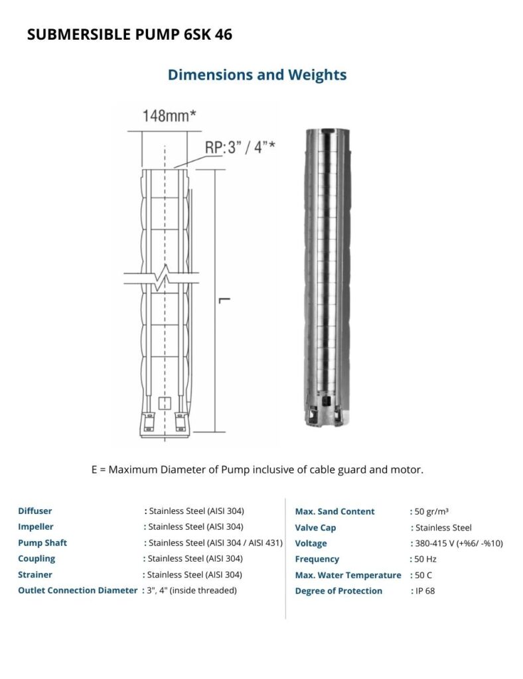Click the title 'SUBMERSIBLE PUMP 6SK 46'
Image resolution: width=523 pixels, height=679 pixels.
point(129,34)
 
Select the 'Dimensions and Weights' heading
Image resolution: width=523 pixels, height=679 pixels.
point(257,74)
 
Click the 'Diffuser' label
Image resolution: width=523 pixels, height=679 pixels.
point(35,511)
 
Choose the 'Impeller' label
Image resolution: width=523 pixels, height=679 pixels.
point(36,527)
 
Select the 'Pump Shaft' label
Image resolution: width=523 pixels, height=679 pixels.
point(42,543)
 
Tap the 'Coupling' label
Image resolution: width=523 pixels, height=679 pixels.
point(37,559)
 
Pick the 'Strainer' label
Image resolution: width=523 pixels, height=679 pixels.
point(35,575)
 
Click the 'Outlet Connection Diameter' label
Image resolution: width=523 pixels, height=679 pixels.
point(78,591)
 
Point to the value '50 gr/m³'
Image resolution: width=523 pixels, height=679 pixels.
point(431,511)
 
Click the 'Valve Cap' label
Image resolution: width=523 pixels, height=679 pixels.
point(315,528)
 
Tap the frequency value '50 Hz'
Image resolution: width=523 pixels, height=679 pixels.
point(425,560)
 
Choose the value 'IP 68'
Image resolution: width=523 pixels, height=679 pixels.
point(425,591)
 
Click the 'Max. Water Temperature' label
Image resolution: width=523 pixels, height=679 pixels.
point(348,576)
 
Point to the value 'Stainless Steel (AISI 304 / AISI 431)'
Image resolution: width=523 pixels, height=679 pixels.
point(216,543)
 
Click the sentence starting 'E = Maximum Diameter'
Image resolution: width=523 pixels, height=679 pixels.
point(258,469)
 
